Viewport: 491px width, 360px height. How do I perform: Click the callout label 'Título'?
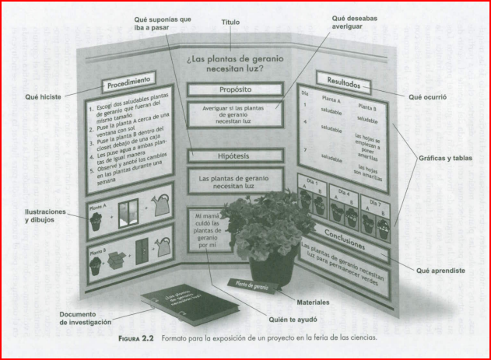tap(231, 23)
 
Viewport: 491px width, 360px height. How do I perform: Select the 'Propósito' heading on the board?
tap(234, 89)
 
